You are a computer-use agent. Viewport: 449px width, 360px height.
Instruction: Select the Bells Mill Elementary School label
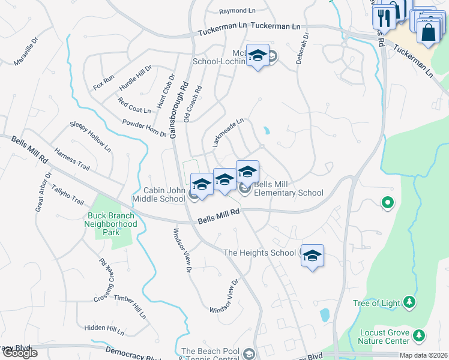pos(288,189)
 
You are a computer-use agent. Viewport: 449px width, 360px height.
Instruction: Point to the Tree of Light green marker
pos(409,301)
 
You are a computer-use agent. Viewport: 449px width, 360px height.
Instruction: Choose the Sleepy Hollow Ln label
pos(91,136)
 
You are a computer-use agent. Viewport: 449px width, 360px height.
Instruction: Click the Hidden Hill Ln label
pos(104,329)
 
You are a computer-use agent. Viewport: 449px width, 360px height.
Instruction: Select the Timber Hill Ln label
pos(130,306)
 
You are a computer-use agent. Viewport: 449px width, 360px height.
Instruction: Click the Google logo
pos(19,353)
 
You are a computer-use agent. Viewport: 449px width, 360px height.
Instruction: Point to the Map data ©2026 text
pos(424,355)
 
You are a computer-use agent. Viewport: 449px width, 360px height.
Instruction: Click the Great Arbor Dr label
pos(43,192)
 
